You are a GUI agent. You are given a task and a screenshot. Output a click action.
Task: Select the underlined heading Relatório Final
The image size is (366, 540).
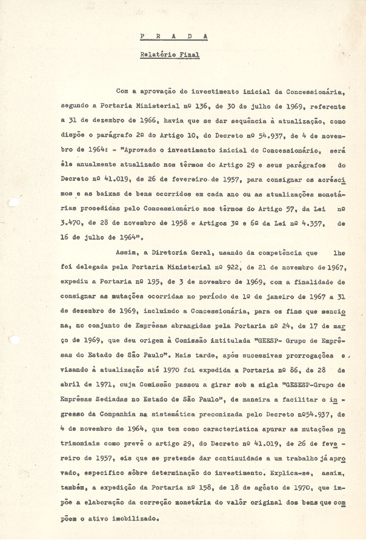[169, 55]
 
